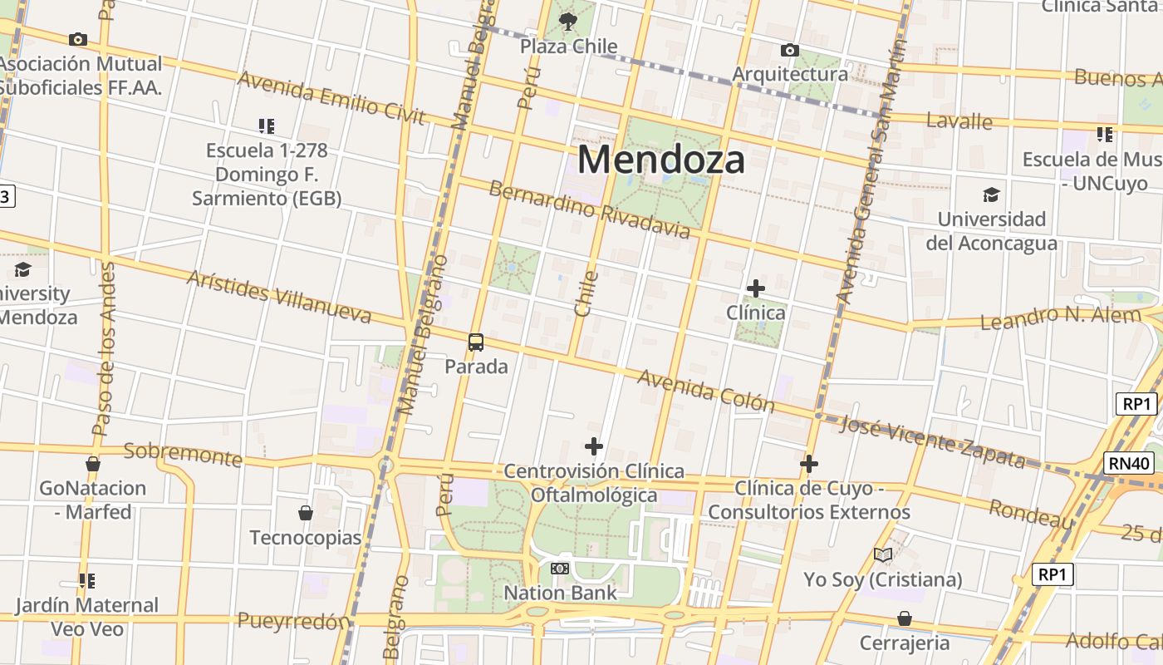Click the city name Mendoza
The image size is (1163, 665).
[x=661, y=159]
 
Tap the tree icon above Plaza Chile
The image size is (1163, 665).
[x=568, y=22]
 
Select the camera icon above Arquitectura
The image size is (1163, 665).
[x=790, y=51]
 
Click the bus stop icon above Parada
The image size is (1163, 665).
[x=476, y=342]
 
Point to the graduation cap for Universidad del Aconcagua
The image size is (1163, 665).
[x=991, y=195]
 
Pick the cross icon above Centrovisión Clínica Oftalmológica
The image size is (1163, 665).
[x=593, y=446]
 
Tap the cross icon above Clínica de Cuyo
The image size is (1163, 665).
[x=809, y=463]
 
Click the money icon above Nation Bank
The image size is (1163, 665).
[x=560, y=569]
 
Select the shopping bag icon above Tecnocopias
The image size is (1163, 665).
[x=306, y=513]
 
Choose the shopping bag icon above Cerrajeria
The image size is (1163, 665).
[x=905, y=618]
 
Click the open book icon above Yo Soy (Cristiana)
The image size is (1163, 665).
[x=883, y=554]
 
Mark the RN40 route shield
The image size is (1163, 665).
[x=1130, y=463]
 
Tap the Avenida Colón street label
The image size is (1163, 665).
[x=705, y=391]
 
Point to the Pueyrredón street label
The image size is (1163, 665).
[x=294, y=621]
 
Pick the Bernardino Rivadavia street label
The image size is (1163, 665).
[x=589, y=209]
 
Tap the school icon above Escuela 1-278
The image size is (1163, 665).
[x=266, y=126]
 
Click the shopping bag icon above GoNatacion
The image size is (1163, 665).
[x=93, y=464]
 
